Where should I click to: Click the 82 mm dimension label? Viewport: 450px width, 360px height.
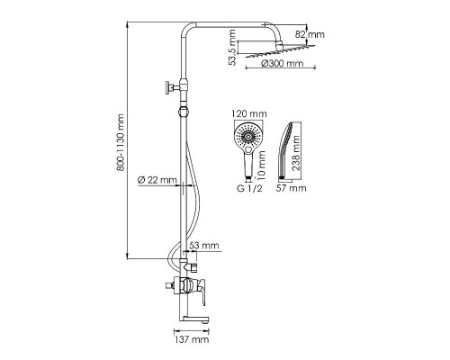point(310,34)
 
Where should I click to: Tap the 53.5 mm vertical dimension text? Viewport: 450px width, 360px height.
point(232,47)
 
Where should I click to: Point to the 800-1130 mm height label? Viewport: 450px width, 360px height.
point(121,142)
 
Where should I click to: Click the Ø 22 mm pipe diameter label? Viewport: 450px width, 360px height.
point(157,180)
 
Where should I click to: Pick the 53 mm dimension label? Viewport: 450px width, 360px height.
point(205,246)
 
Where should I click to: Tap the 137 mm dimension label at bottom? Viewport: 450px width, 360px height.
point(192,339)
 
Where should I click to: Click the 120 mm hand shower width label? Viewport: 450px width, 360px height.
point(249,114)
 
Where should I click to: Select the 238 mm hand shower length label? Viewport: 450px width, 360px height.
point(296,153)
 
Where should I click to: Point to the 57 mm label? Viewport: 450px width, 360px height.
point(291,188)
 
